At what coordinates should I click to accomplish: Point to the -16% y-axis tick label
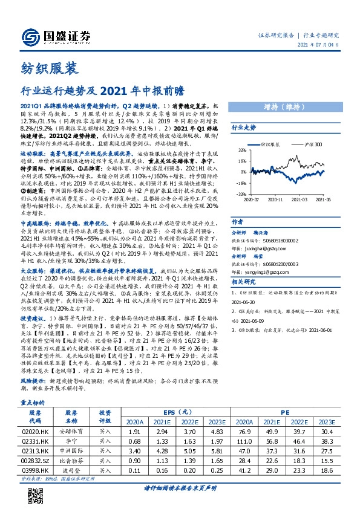point(241,183)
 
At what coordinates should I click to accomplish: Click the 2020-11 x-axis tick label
point(276,199)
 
